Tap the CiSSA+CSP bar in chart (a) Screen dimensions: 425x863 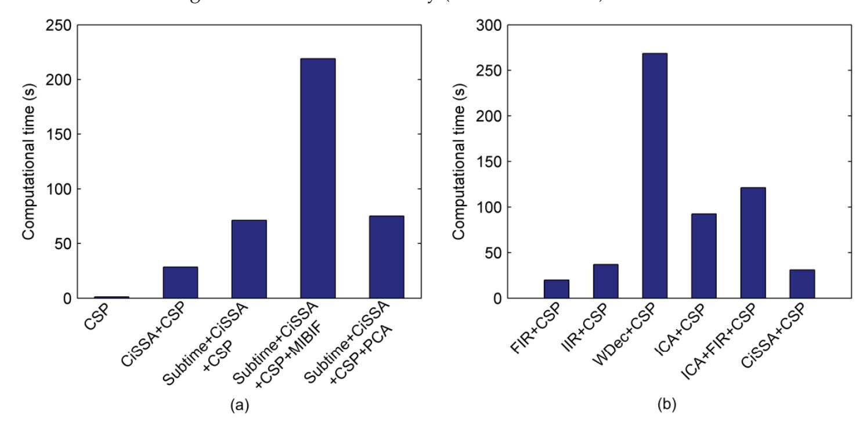[x=180, y=283]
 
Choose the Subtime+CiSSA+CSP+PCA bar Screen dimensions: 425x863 [x=386, y=257]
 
